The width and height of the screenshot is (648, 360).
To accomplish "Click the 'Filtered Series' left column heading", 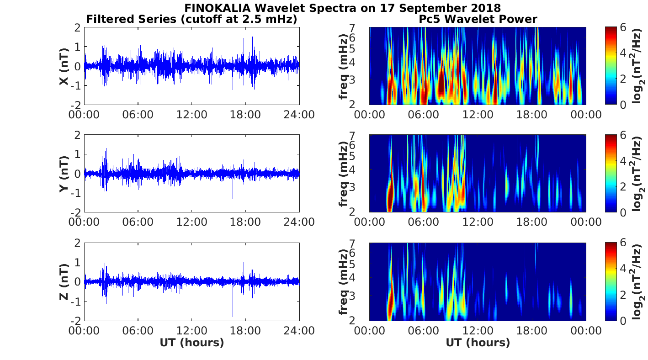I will (x=191, y=19).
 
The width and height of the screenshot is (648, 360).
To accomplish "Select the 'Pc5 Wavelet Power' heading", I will (x=478, y=19).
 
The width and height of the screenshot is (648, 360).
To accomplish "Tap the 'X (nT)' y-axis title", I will (x=64, y=66).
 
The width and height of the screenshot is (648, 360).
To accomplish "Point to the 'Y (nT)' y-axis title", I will (x=64, y=174).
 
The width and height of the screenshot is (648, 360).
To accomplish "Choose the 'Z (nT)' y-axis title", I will (x=64, y=281).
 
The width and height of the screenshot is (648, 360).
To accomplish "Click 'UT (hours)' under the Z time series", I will (x=191, y=343).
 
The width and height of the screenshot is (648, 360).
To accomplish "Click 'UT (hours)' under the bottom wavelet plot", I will (x=478, y=343).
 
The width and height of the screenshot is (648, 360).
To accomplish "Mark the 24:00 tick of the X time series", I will (x=299, y=114).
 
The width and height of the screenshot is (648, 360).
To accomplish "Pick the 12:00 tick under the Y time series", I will (x=191, y=222).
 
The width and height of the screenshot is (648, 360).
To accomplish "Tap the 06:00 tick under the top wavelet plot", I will (x=424, y=114).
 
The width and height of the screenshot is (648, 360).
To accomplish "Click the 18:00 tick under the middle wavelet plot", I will (x=531, y=222).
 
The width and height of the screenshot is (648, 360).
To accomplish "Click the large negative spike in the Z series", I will (x=233, y=311).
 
